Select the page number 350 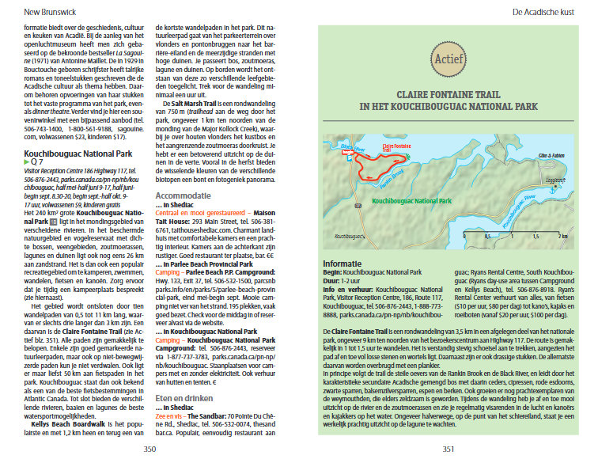coord(149,449)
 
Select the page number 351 coord(448,449)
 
